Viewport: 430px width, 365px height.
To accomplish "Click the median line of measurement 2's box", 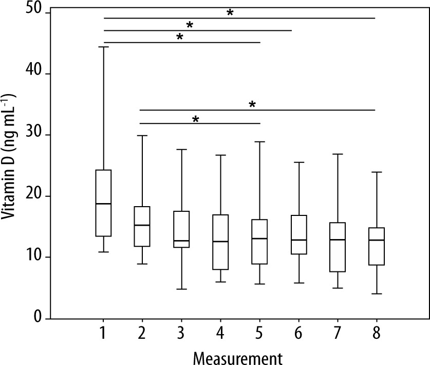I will pos(142,225).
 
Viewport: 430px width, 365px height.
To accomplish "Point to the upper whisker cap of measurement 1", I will pos(104,47).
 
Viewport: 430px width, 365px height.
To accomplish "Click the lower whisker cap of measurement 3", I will pos(181,289).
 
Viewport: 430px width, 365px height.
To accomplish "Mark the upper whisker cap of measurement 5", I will pos(259,141).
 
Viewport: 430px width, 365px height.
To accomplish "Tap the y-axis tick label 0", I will pos(39,319).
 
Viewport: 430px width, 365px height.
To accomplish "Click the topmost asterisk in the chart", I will pos(230,13).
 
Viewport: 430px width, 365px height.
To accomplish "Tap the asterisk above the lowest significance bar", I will pos(195,119).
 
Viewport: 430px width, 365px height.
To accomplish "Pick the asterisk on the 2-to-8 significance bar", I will pos(252,105).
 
